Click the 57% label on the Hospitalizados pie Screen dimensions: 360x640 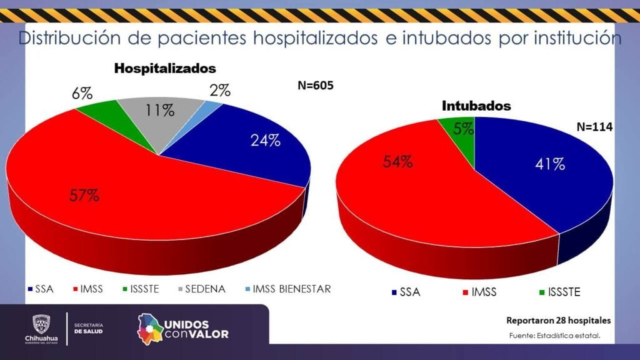click(x=84, y=195)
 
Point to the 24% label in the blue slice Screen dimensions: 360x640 click(x=265, y=141)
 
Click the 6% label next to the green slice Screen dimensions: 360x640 click(x=82, y=94)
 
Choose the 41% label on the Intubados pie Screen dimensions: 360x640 click(x=550, y=164)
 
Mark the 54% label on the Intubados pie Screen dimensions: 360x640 click(x=397, y=162)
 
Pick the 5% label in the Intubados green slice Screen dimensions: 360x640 click(x=463, y=129)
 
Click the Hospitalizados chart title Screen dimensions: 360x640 click(x=165, y=68)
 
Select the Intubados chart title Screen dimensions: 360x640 click(x=476, y=106)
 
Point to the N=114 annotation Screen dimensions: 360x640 click(x=594, y=127)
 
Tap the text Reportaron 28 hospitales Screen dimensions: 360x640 click(x=558, y=321)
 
